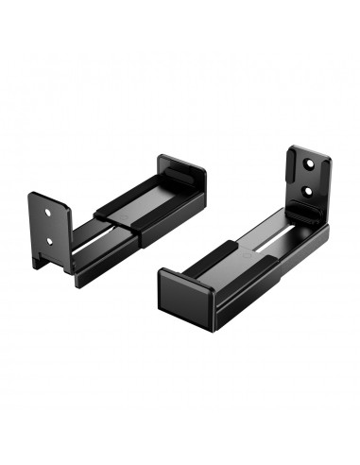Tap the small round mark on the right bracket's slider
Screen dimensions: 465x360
(x=249, y=252)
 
